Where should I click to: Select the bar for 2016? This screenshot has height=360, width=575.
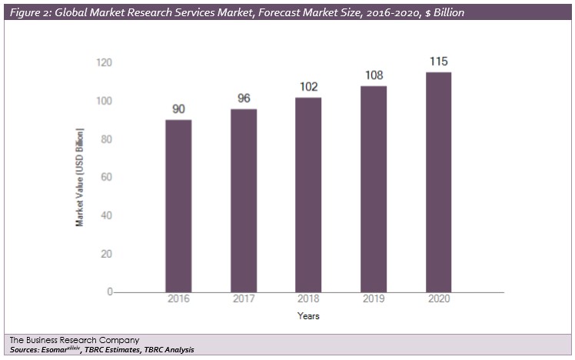(x=178, y=205)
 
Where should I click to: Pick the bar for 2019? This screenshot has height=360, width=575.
(x=374, y=188)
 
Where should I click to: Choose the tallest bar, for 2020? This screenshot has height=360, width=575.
(x=438, y=182)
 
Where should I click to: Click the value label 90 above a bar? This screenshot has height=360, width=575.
(x=178, y=109)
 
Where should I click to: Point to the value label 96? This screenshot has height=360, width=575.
(x=244, y=98)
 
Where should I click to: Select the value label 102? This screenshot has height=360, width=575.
(x=308, y=87)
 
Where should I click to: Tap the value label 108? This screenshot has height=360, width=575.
(x=374, y=76)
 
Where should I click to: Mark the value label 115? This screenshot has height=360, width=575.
(x=438, y=62)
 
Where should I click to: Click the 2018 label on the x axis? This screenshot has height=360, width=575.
(x=308, y=298)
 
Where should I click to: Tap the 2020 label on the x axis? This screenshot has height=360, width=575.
(x=438, y=298)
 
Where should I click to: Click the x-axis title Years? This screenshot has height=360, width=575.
(x=308, y=316)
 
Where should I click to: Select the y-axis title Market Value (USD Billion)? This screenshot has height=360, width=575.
(x=79, y=177)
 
